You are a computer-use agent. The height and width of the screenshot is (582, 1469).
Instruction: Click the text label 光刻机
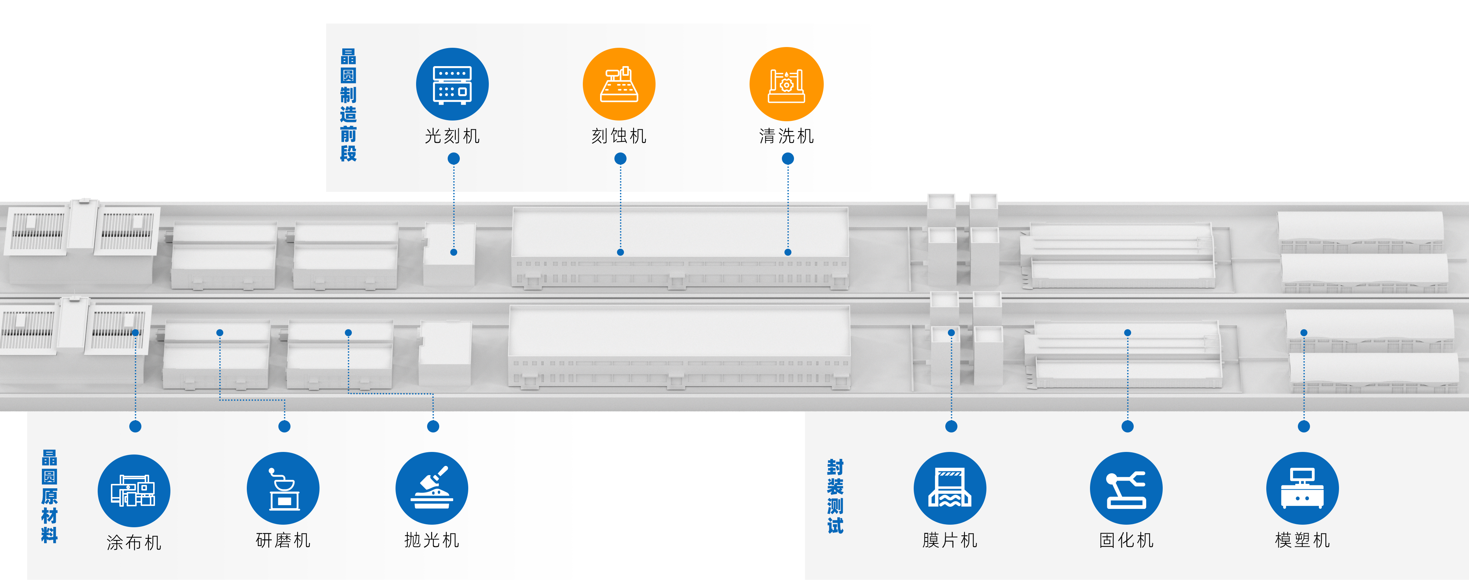click(452, 136)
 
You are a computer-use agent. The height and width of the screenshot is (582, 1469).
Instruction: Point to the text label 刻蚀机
click(619, 136)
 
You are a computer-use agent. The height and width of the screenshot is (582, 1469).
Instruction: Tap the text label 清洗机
click(786, 136)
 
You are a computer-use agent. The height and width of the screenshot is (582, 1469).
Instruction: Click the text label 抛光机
click(432, 540)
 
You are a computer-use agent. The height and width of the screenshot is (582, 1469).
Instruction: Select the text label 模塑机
click(1303, 540)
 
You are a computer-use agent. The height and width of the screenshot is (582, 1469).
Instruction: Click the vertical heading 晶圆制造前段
click(349, 105)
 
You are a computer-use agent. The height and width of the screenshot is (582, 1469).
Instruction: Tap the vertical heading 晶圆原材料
click(50, 496)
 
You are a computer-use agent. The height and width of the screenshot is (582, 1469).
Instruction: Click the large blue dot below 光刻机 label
click(454, 159)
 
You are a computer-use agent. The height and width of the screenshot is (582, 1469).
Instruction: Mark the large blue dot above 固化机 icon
click(1127, 426)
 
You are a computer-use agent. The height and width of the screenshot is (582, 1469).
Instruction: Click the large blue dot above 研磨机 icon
click(285, 426)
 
